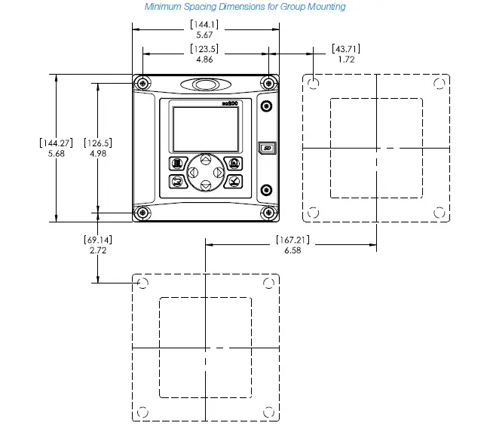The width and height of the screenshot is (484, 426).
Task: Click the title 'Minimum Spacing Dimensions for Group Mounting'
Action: point(245,7)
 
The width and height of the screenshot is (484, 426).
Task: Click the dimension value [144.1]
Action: point(204,25)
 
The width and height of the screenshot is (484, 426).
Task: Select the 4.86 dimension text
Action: point(204,59)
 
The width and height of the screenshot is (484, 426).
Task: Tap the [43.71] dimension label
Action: point(346,49)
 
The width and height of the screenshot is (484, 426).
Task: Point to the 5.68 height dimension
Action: point(56,153)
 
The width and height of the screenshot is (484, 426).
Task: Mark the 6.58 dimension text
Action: point(292,250)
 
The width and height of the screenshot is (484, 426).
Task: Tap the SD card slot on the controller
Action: point(265,148)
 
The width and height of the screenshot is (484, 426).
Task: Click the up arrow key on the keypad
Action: point(205,161)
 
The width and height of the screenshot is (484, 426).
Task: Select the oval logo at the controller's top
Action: point(205,84)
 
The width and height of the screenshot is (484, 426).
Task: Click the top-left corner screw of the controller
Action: point(142,83)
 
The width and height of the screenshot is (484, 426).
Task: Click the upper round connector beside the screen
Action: point(265,106)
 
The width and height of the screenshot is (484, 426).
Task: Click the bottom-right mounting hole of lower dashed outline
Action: point(268,412)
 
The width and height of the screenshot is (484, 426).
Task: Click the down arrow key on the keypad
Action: point(205,185)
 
